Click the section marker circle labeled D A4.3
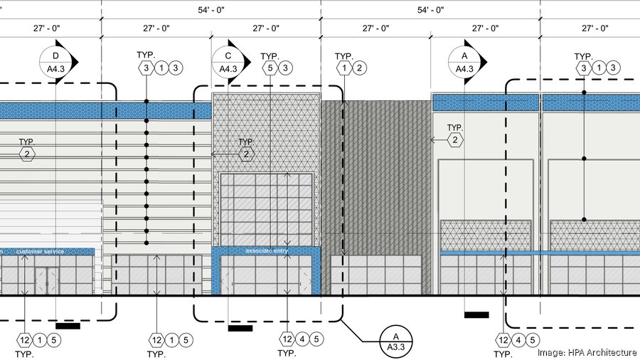(55, 62)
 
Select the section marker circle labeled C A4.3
(228, 62)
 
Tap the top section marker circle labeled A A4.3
(464, 62)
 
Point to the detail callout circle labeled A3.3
(395, 341)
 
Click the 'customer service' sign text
(40, 251)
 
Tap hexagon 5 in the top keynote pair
(270, 68)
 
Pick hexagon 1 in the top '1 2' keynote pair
(345, 68)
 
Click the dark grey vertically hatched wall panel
(375, 178)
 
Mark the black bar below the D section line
(68, 326)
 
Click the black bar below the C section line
(240, 328)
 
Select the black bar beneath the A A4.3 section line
(476, 314)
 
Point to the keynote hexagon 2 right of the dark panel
(455, 141)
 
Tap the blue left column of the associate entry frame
(216, 274)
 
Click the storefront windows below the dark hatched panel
(375, 274)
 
